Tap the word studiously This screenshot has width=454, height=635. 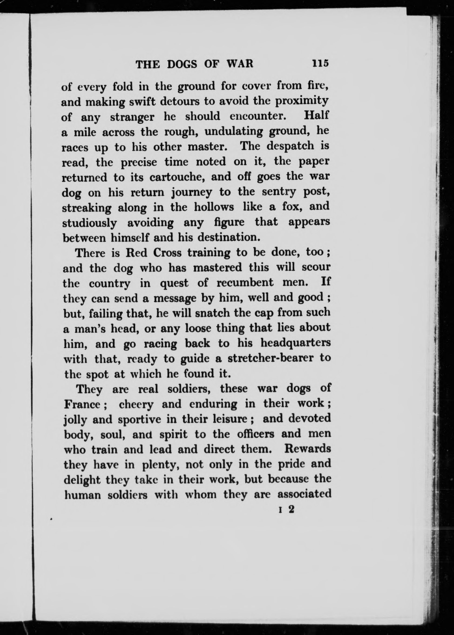tap(89, 223)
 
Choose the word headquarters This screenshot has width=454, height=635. tap(295, 343)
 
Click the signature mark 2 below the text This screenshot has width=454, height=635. tap(291, 509)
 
